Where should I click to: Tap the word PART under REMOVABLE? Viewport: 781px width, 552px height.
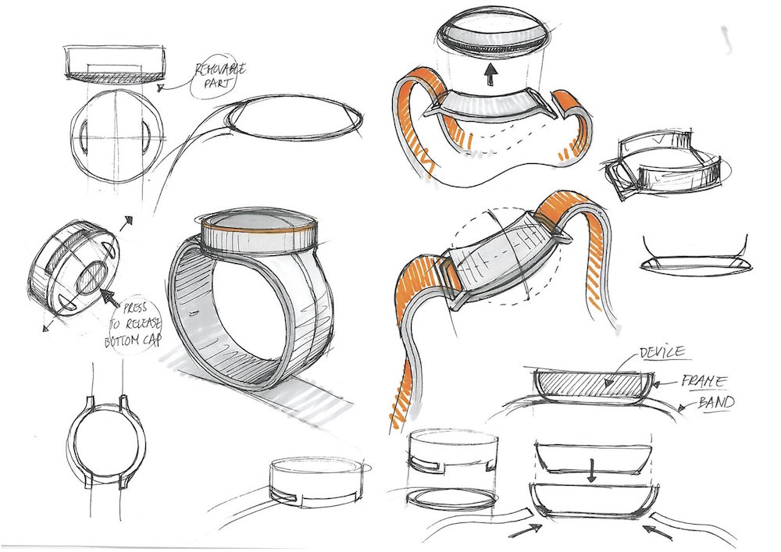[x=217, y=84]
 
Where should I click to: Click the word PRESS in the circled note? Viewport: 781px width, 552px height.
[x=134, y=309]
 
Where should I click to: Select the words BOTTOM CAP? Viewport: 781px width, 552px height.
[x=133, y=341]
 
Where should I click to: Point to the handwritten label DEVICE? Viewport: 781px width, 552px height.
[x=662, y=352]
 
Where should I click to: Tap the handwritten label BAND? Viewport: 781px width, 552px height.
[x=716, y=402]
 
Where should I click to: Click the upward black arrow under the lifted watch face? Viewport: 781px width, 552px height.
[x=491, y=75]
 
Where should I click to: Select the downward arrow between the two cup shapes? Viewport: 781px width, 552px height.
[x=591, y=471]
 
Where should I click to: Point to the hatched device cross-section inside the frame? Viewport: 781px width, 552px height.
[x=592, y=383]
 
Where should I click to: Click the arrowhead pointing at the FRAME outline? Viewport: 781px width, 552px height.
[x=657, y=384]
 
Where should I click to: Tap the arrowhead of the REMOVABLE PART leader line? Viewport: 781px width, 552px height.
[x=161, y=88]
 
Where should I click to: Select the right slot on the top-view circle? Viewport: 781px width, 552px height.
[x=145, y=134]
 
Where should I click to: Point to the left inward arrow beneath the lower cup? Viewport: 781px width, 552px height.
[x=525, y=530]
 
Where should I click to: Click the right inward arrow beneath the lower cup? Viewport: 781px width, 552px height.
[x=658, y=531]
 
